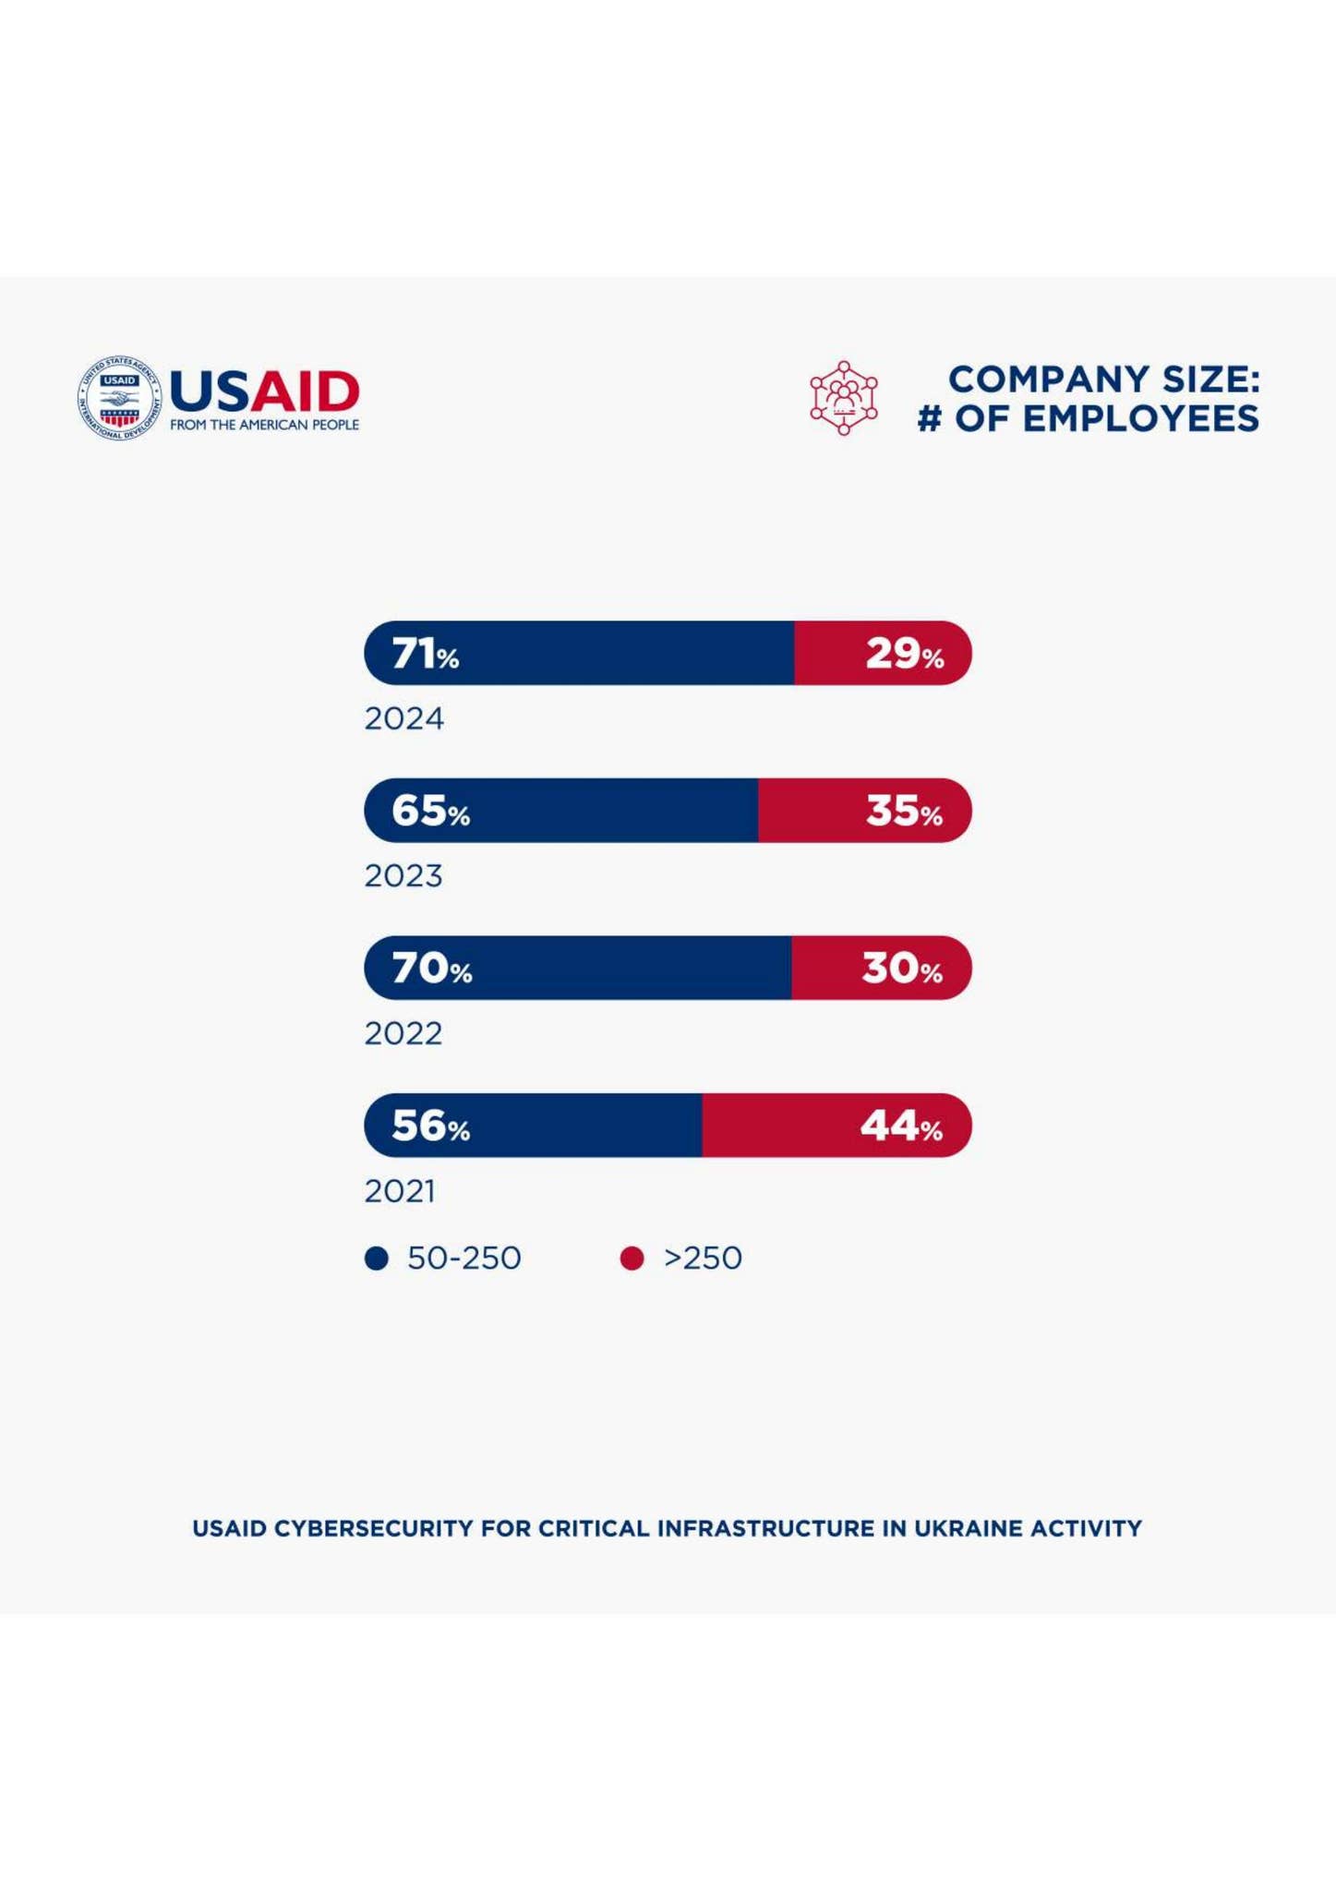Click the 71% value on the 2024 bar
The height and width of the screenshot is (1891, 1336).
point(426,654)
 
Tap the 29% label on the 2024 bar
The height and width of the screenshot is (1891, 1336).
point(904,654)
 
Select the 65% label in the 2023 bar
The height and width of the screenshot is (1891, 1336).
point(430,811)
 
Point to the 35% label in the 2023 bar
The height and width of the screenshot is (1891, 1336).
point(904,811)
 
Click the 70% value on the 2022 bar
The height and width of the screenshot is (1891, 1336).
point(431,969)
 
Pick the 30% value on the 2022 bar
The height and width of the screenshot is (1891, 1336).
point(902,969)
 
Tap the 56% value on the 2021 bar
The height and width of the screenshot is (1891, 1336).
point(430,1126)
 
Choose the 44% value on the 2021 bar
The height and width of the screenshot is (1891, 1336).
point(901,1126)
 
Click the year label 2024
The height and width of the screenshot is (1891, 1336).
point(403,718)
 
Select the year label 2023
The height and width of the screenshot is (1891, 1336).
point(403,875)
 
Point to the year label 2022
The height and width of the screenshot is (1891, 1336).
point(403,1033)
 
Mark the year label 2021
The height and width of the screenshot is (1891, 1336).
point(400,1191)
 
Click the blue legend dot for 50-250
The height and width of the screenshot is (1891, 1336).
point(376,1259)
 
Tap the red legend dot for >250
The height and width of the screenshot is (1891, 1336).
point(632,1259)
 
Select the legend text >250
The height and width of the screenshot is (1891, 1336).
point(703,1258)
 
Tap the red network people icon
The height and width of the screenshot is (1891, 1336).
point(843,398)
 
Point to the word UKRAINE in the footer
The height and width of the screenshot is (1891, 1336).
point(968,1528)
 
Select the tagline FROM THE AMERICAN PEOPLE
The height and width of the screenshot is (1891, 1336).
point(264,425)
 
